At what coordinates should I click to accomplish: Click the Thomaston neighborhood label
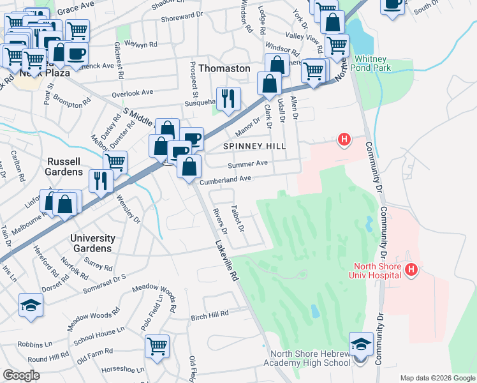(x=224, y=68)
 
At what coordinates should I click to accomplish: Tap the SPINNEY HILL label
(x=254, y=146)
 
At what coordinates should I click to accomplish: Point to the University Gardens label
(x=92, y=243)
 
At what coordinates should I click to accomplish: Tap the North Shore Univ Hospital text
(x=378, y=270)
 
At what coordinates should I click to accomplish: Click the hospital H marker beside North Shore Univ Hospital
(x=411, y=271)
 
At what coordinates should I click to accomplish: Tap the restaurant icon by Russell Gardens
(x=101, y=181)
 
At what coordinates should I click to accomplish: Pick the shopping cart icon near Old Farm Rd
(x=157, y=347)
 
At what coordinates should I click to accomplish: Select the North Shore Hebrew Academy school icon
(x=361, y=345)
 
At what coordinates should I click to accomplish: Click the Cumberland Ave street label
(x=226, y=181)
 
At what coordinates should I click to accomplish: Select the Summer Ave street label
(x=248, y=164)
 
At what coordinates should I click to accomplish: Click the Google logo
(x=21, y=375)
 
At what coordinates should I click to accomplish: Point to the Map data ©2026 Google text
(x=437, y=377)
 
